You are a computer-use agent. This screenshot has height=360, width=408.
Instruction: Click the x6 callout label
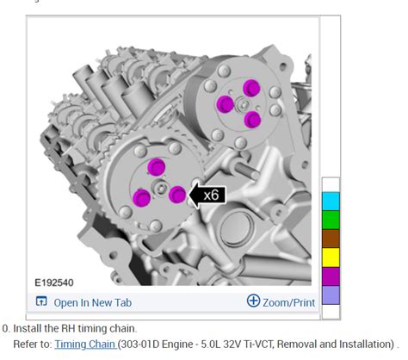[211, 196]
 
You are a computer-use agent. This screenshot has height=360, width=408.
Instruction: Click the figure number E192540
[54, 282]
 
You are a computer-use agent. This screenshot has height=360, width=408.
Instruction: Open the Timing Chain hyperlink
[85, 344]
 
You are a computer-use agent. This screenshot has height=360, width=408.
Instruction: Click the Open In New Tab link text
[93, 302]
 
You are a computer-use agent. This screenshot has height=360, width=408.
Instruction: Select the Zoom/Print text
[288, 302]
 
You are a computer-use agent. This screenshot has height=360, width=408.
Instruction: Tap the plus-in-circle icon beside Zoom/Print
[253, 301]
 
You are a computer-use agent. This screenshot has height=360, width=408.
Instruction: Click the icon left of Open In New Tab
[41, 301]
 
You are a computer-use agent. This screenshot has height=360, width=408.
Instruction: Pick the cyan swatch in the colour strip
[331, 202]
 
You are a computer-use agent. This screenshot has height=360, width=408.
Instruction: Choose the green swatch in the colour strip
[331, 220]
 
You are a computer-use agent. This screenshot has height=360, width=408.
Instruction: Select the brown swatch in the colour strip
[331, 239]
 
